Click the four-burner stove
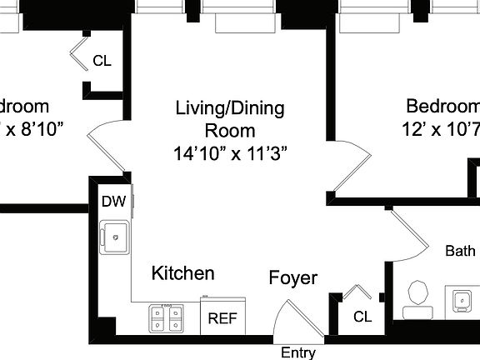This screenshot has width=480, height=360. click(166, 317)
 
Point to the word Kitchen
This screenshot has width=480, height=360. click(182, 273)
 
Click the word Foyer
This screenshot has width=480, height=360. click(292, 277)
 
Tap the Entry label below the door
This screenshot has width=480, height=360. click(297, 352)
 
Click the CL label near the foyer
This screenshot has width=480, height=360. click(362, 317)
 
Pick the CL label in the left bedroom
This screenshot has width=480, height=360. click(102, 61)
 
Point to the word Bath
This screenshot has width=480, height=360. click(460, 251)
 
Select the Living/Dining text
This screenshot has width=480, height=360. click(229, 108)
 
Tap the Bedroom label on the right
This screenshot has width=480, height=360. click(442, 107)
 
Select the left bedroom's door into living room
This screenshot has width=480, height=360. click(105, 147)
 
